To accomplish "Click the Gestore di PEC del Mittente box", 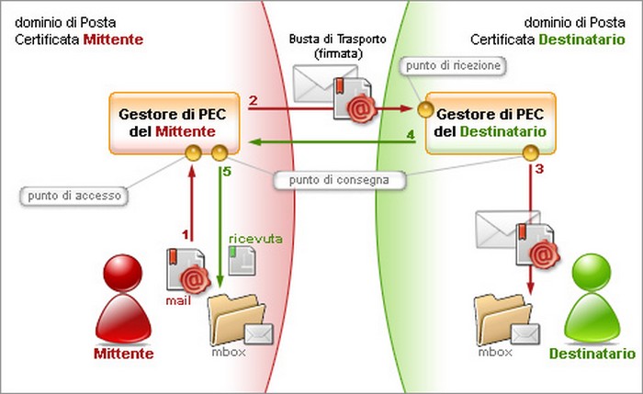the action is click(x=175, y=123).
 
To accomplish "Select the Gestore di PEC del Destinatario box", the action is click(x=491, y=123).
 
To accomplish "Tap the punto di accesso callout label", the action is click(x=74, y=196).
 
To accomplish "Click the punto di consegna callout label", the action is click(x=339, y=180).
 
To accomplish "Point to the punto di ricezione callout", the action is click(x=453, y=65).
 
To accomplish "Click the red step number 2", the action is click(x=253, y=100).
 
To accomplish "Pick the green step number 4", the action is click(x=410, y=134).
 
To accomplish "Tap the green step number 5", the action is click(x=227, y=172).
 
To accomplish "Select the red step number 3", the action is click(x=540, y=168).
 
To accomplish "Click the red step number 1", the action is click(x=186, y=234).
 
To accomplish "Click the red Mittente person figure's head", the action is click(x=122, y=273).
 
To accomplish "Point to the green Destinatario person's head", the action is click(x=591, y=272).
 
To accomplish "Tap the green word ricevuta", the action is click(x=255, y=239).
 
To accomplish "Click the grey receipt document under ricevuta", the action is click(x=242, y=260).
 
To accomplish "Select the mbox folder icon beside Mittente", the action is click(x=240, y=320).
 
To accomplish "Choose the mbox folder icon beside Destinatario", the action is click(x=506, y=320).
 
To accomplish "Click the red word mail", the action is click(x=178, y=301).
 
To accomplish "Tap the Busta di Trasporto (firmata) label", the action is click(x=338, y=46).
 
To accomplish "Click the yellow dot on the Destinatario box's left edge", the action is click(x=425, y=109).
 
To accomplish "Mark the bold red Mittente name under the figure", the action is click(x=124, y=354).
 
